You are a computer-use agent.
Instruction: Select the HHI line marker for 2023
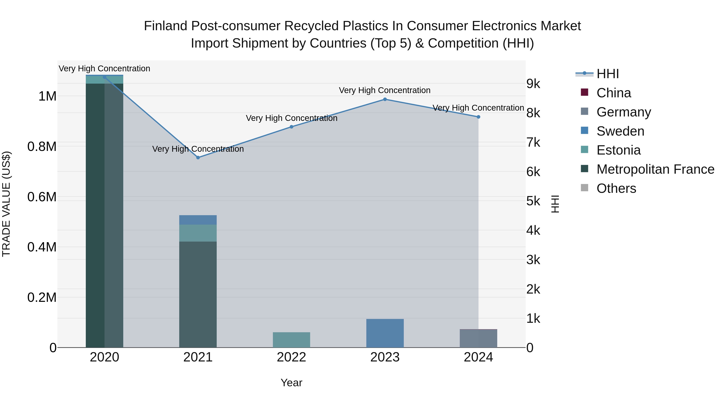coord(385,99)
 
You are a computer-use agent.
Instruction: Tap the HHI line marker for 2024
coord(478,117)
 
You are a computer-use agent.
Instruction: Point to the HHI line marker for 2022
coord(291,127)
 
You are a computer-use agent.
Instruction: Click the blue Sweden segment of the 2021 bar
coord(198,220)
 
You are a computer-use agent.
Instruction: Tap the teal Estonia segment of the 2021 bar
coord(198,233)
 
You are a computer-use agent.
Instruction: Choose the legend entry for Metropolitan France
coord(655,169)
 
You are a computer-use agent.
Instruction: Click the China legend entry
coord(614,93)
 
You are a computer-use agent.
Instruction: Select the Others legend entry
coord(616,188)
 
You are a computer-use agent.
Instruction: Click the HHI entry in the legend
coord(607,74)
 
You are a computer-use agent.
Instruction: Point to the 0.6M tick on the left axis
coord(42,197)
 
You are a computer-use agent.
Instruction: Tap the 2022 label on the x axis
coord(291,357)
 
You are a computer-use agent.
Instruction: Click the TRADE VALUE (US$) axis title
coord(6,204)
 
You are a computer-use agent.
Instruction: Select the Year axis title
coord(291,383)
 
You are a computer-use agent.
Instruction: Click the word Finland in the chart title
coord(166,26)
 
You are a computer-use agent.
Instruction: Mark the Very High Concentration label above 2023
coord(384,90)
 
